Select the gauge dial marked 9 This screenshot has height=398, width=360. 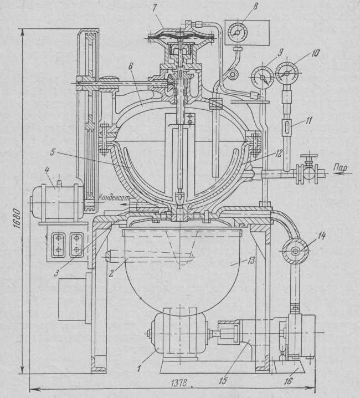[260, 75]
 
